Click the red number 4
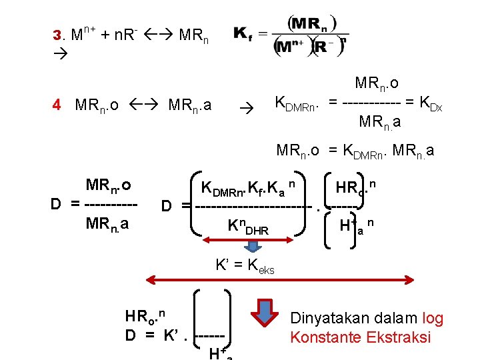click(x=57, y=105)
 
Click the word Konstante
click(x=326, y=337)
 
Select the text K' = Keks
click(x=244, y=265)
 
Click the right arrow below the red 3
click(x=58, y=51)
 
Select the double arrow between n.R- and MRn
click(x=157, y=33)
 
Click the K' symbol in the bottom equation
click(x=170, y=334)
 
